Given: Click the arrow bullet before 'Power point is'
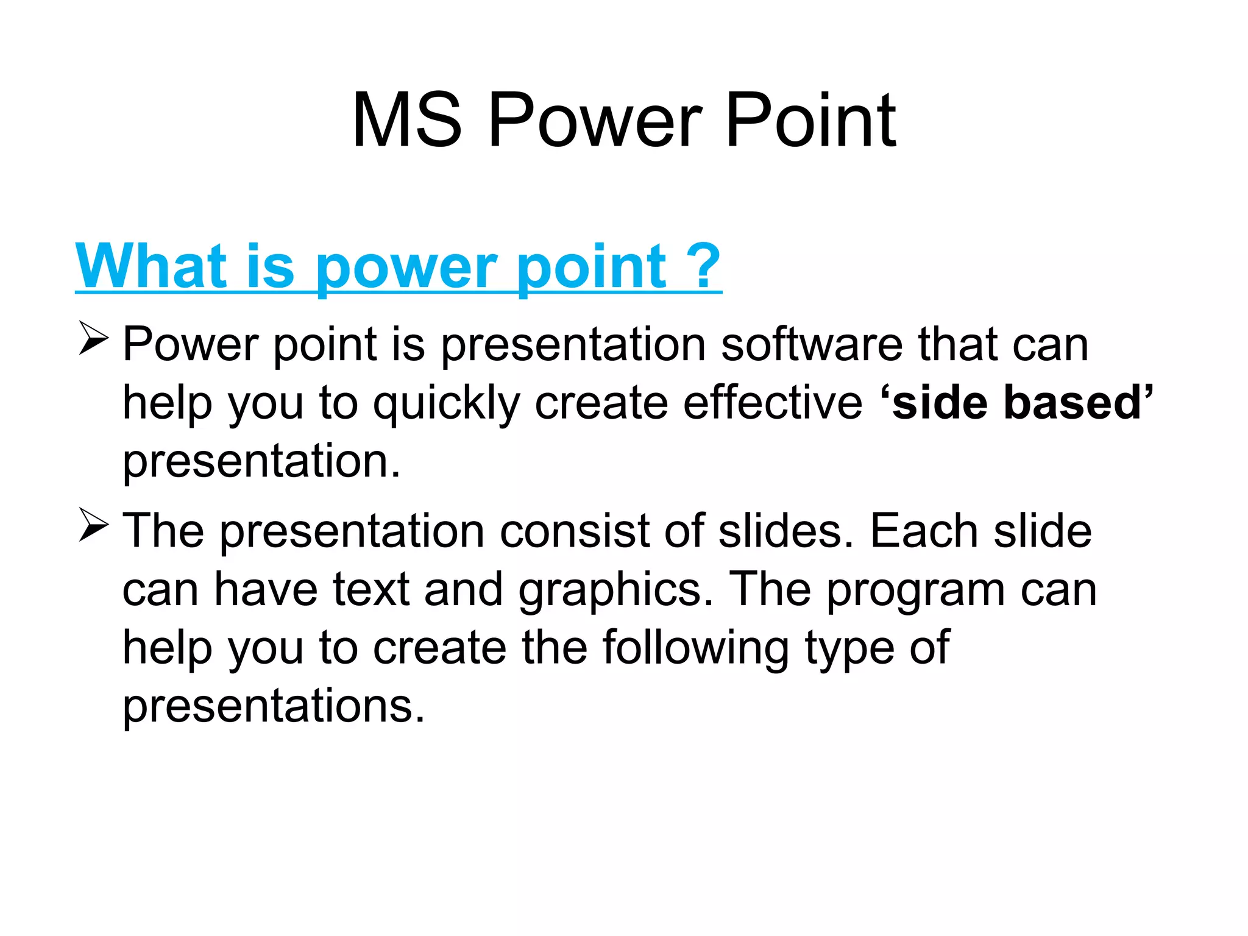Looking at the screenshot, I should (94, 339).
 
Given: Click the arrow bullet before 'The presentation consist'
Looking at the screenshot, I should (94, 526).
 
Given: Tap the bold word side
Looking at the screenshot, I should (939, 403).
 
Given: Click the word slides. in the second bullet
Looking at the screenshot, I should (786, 531).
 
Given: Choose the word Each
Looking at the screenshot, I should (923, 531).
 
